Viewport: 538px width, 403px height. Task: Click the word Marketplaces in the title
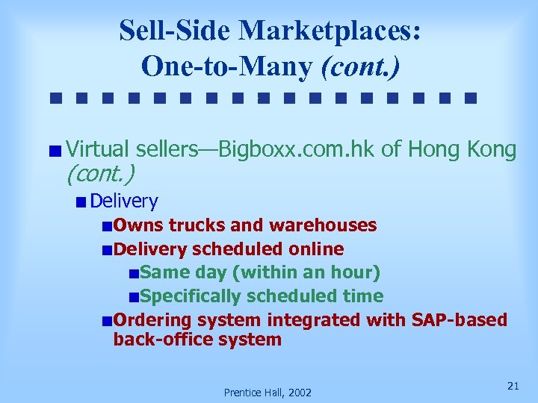pos(330,31)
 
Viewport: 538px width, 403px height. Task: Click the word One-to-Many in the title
pos(227,67)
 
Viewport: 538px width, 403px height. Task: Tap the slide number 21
pos(513,385)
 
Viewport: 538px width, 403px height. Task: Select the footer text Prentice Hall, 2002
pos(268,393)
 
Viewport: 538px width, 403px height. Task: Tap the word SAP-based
pos(459,320)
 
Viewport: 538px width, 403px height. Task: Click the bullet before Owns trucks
pos(109,226)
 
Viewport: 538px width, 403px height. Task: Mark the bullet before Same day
pos(133,274)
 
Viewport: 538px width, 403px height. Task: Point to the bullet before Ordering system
pos(109,322)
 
